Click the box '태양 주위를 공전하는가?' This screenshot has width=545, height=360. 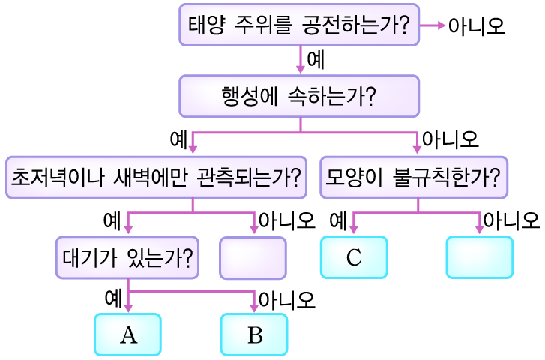tap(299, 25)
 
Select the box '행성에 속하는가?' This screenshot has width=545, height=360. tap(299, 96)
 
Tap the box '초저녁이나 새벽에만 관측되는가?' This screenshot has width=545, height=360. tap(156, 178)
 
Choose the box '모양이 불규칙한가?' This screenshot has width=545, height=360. tap(414, 178)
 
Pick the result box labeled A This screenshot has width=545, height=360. tap(128, 334)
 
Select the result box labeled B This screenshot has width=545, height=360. tap(255, 334)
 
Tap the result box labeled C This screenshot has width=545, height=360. tap(354, 258)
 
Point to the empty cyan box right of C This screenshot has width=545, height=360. tap(480, 258)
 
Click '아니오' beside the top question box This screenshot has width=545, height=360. tap(476, 26)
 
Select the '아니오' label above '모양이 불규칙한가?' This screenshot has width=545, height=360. tap(450, 139)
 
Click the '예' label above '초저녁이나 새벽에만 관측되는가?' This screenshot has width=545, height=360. tap(179, 139)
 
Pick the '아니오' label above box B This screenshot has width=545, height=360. tap(286, 300)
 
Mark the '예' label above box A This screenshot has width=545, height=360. tap(113, 298)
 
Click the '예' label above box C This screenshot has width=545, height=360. tap(338, 220)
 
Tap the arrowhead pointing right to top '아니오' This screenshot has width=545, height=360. tap(441, 25)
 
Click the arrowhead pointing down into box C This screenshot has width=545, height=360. tap(353, 230)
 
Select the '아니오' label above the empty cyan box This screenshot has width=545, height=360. tap(511, 220)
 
